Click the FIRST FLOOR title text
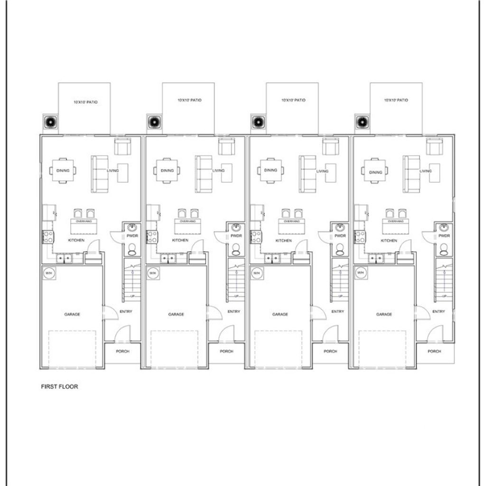59,386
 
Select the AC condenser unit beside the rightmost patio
362,122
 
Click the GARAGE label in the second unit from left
176,314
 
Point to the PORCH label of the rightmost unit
434,351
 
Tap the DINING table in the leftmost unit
63,170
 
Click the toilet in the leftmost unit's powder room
131,248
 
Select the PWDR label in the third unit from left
340,236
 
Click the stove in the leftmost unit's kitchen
48,237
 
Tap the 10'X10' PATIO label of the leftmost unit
85,102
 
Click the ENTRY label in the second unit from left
234,312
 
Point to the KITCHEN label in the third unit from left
284,241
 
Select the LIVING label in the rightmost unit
426,171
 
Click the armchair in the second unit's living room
226,146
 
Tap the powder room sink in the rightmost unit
444,227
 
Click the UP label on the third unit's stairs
340,297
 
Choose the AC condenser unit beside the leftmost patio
50,122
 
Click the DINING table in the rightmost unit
375,170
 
